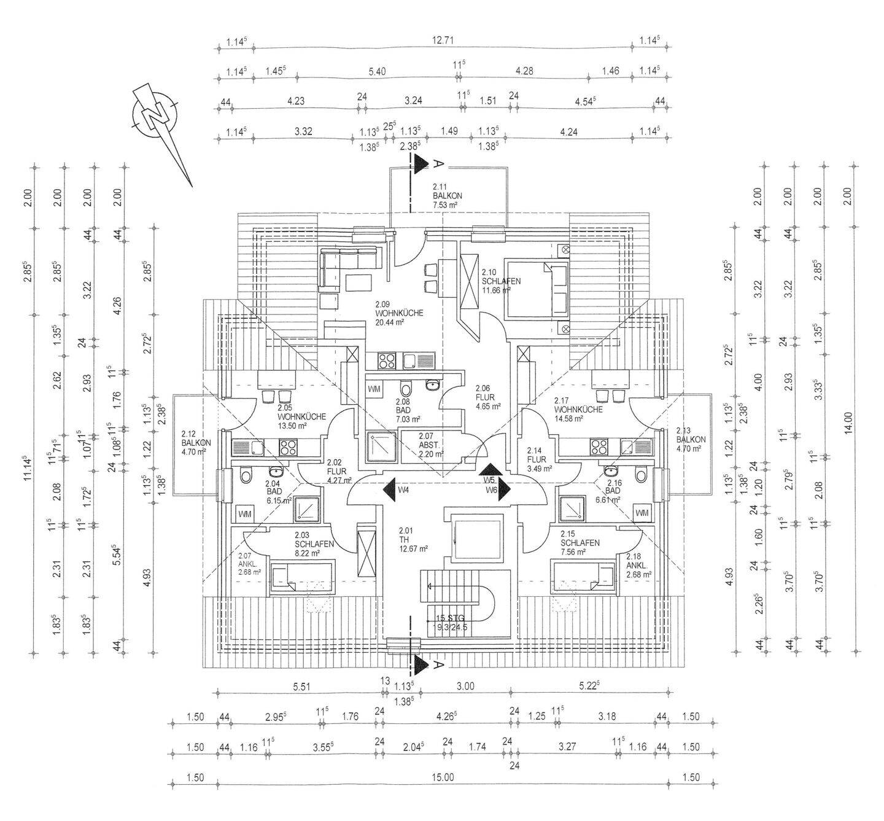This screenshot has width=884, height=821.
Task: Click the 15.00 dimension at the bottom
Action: tap(443, 777)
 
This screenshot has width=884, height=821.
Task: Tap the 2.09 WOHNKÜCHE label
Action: tap(399, 313)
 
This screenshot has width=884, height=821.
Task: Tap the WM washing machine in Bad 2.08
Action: tap(374, 389)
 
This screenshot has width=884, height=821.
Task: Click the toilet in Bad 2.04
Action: tap(247, 475)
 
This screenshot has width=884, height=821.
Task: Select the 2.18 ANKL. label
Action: tap(638, 565)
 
